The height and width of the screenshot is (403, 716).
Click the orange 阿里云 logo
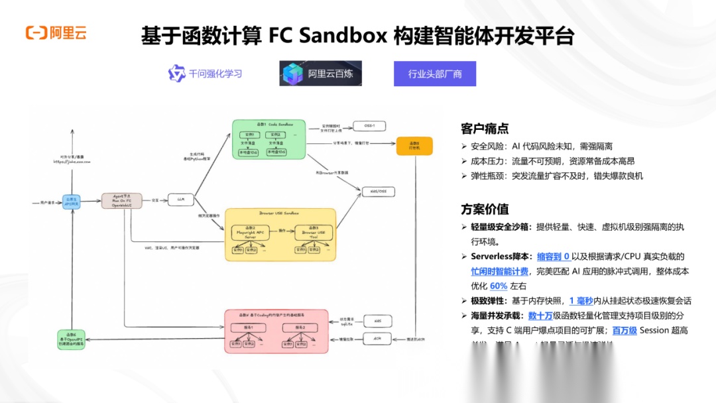coord(56,32)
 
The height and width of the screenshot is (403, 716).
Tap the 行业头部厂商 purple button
coord(435,74)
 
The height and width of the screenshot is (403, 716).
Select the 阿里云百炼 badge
coord(321,74)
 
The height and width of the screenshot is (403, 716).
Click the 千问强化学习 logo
coord(205,74)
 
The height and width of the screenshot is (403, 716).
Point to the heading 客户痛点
coord(485,129)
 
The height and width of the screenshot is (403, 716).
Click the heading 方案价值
coord(485,209)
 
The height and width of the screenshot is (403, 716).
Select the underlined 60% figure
coord(499,286)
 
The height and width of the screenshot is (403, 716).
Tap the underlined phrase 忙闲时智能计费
coord(499,271)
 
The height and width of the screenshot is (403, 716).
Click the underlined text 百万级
coord(624,329)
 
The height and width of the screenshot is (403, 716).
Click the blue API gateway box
coord(71,201)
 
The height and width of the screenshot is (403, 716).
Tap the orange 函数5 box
coord(414,146)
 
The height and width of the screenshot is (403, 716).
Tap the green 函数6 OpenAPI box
coord(71,339)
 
